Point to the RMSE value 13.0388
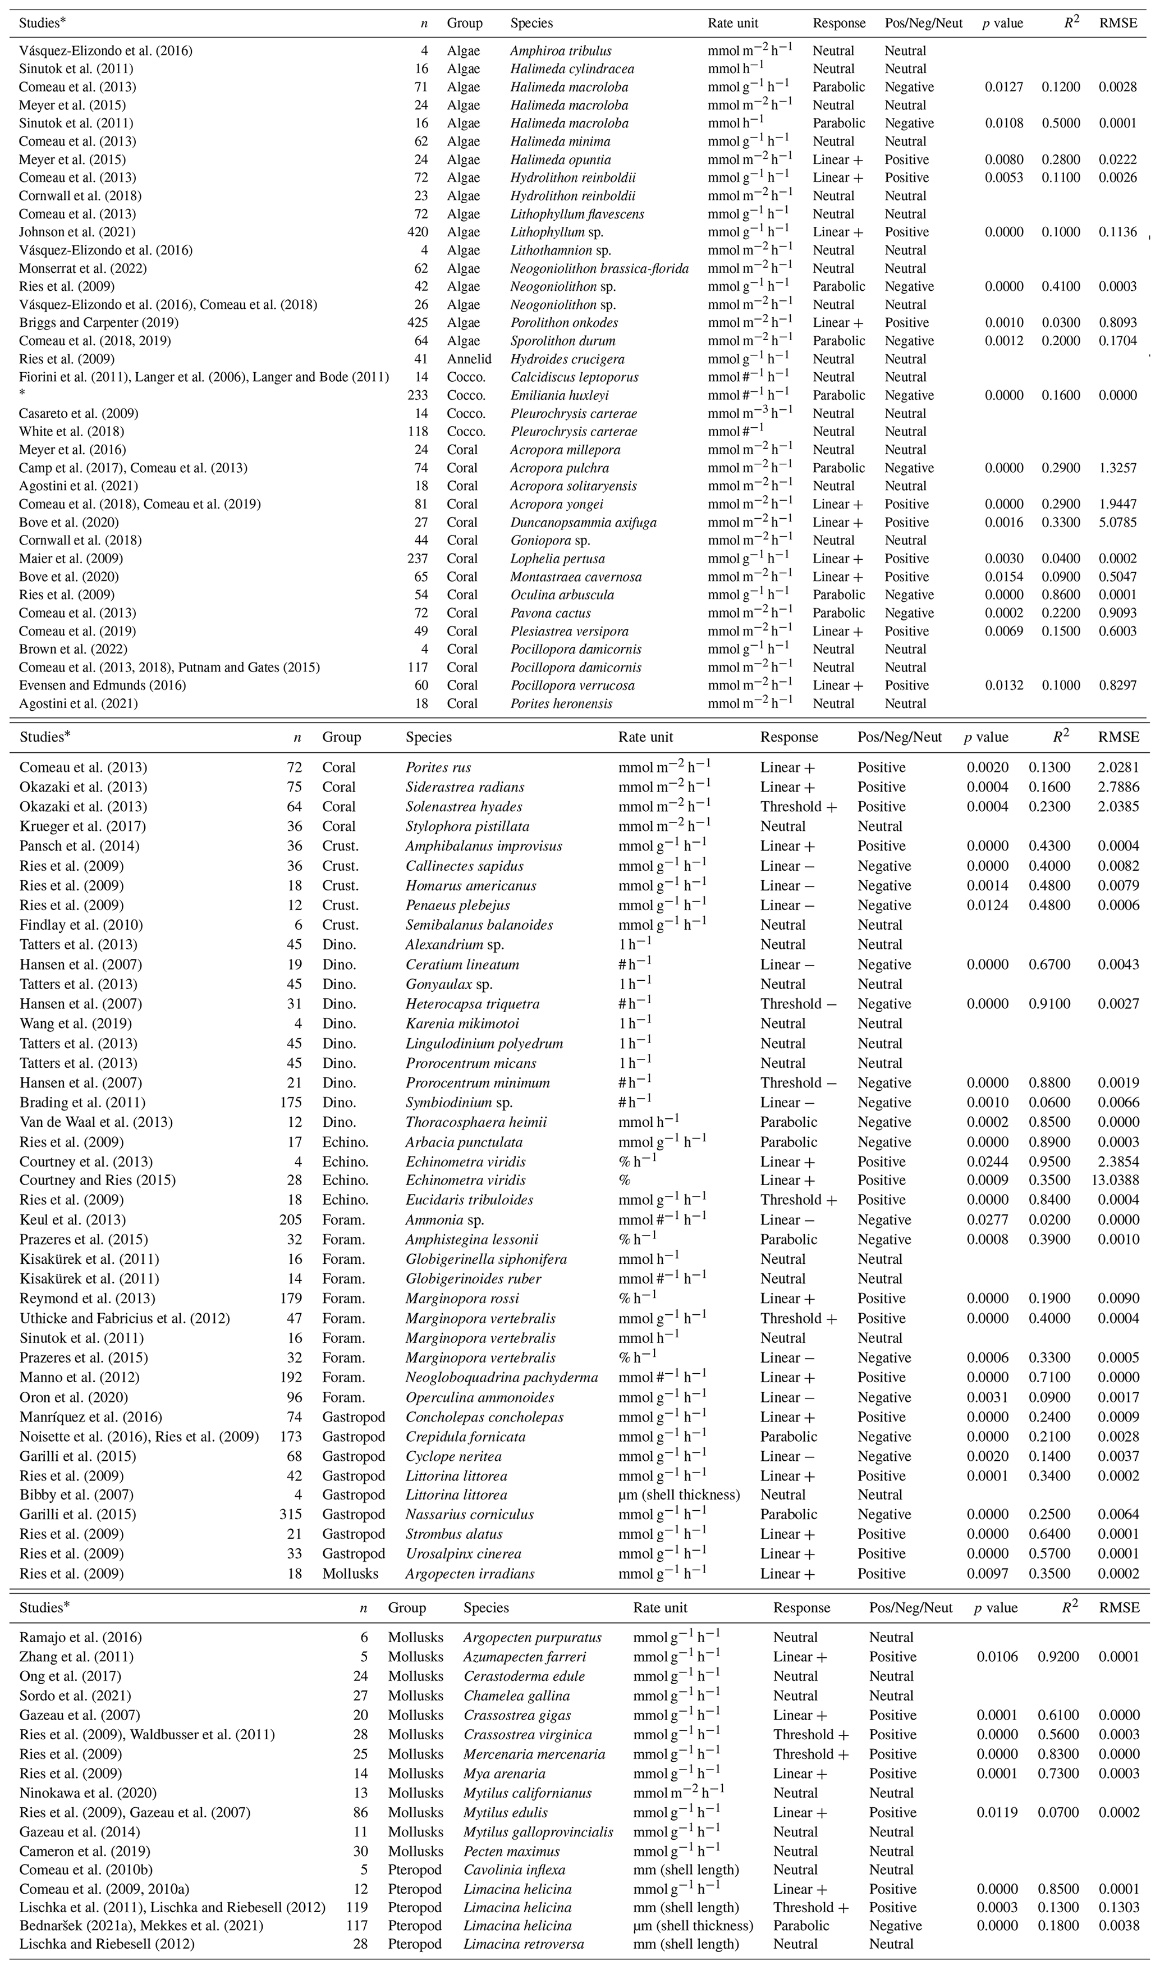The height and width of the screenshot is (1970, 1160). [x=1115, y=1181]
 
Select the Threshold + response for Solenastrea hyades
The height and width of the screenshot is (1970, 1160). [x=797, y=807]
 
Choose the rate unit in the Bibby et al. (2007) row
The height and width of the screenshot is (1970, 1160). [x=678, y=1494]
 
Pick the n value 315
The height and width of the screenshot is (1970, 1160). [x=291, y=1514]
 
